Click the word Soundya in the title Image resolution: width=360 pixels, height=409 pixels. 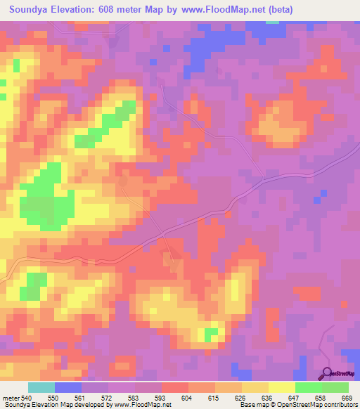coord(32,10)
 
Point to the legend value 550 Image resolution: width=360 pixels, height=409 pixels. coord(53,397)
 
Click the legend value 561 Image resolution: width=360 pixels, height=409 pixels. coord(80,397)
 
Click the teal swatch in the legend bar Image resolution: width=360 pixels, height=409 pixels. coord(41,387)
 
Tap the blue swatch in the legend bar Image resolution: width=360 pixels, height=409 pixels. coord(67,387)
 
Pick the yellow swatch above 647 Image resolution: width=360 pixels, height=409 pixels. coord(281,387)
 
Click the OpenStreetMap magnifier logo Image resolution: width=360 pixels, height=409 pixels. coord(326,373)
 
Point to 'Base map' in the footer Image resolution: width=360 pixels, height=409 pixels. coord(251,405)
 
